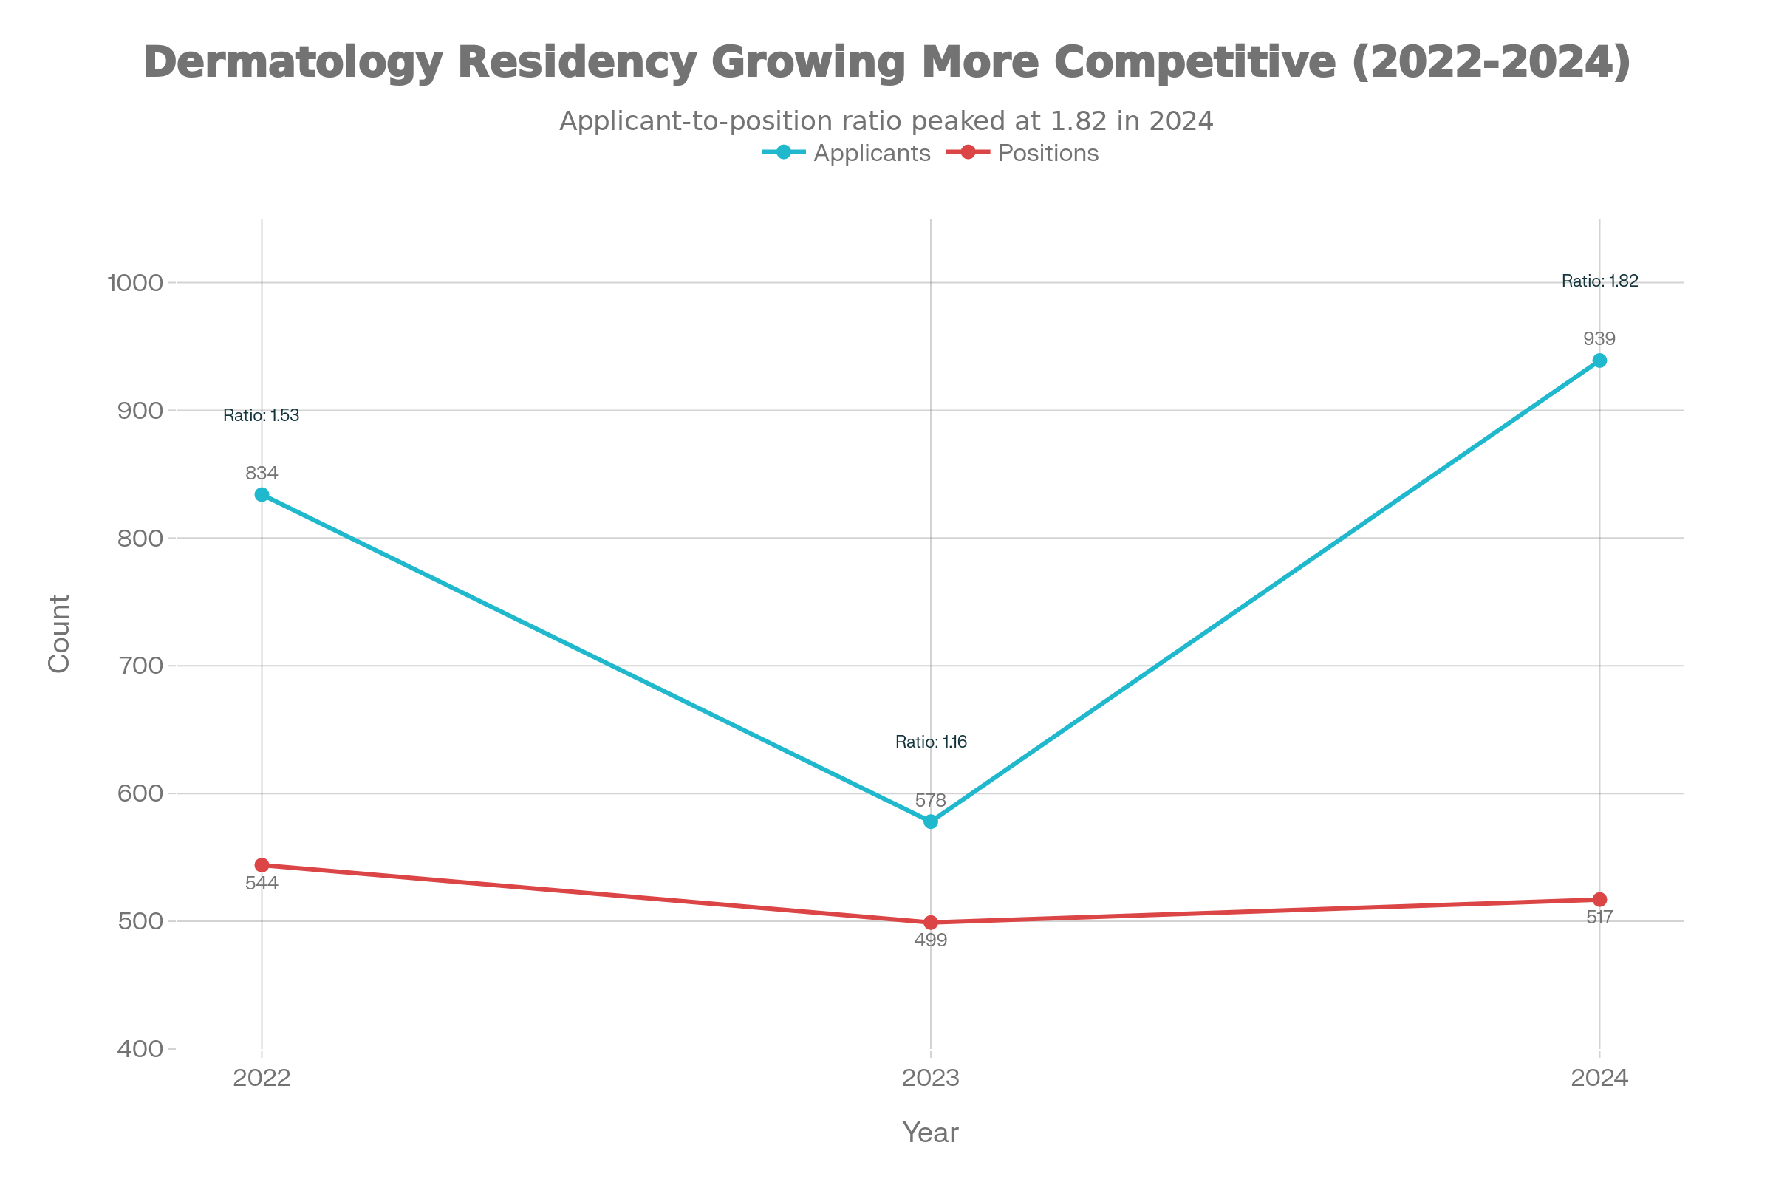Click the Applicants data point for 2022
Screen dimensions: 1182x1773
coord(262,494)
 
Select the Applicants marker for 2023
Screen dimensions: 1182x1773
coord(931,821)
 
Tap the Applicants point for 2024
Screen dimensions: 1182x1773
coord(1599,361)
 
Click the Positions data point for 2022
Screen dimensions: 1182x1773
coord(262,864)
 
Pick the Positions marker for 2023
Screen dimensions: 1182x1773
coord(931,922)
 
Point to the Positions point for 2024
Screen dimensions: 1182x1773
coord(1599,899)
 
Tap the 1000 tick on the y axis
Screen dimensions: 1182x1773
coord(136,283)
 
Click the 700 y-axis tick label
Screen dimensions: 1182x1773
coord(140,666)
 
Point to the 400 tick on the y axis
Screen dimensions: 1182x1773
coord(140,1048)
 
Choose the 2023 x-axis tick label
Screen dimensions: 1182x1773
coord(931,1078)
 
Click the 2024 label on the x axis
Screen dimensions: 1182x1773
coord(1599,1078)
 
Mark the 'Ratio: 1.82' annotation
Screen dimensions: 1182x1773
coord(1599,281)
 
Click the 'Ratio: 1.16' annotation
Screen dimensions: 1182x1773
coord(931,742)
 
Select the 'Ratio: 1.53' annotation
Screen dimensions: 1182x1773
coord(262,415)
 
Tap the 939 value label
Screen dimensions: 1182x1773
coord(1599,338)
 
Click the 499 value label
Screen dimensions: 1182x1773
coord(931,940)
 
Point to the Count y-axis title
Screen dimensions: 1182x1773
coord(59,633)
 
